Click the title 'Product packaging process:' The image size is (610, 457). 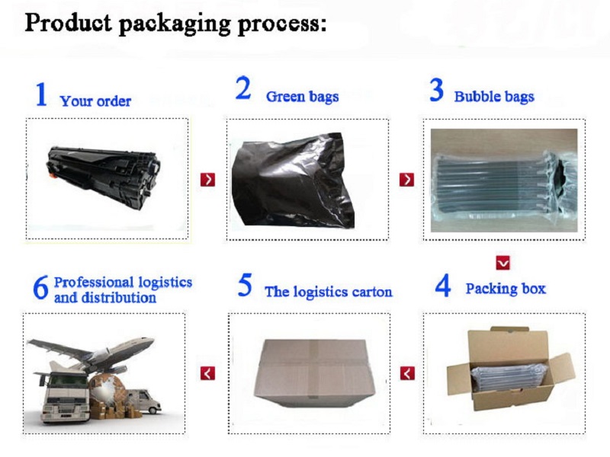[x=175, y=24]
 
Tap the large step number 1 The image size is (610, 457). [x=41, y=94]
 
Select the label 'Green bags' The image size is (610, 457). [x=302, y=97]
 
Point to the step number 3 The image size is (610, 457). [x=436, y=90]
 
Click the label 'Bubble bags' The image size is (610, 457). [x=494, y=97]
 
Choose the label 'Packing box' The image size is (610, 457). [x=506, y=289]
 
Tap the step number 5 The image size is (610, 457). [x=245, y=285]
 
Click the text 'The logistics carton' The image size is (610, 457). [x=329, y=292]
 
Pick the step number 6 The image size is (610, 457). [x=41, y=288]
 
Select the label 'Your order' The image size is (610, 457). [x=95, y=101]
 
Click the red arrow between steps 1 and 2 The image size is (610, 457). [x=207, y=180]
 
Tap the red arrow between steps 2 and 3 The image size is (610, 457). [x=406, y=180]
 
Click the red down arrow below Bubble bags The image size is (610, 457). [x=503, y=263]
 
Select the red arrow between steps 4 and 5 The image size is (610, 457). [x=407, y=373]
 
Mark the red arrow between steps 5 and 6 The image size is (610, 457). [x=207, y=373]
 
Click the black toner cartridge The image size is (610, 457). [x=104, y=177]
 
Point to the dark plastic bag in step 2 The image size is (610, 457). [x=293, y=181]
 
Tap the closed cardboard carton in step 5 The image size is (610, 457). [x=314, y=373]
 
